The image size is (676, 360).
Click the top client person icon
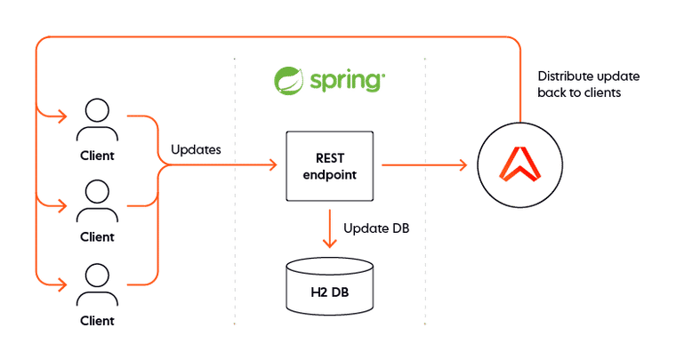[x=97, y=121]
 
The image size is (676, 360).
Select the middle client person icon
[x=97, y=204]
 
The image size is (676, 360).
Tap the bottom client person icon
[x=97, y=285]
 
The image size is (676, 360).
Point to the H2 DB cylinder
[x=328, y=285]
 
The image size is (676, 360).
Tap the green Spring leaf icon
[x=287, y=81]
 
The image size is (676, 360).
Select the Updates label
[x=194, y=149]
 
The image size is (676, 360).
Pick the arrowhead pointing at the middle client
[x=61, y=206]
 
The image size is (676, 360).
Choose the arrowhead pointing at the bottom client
[x=61, y=285]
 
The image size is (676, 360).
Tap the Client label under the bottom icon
[x=97, y=319]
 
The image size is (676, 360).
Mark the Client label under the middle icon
[x=97, y=237]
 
